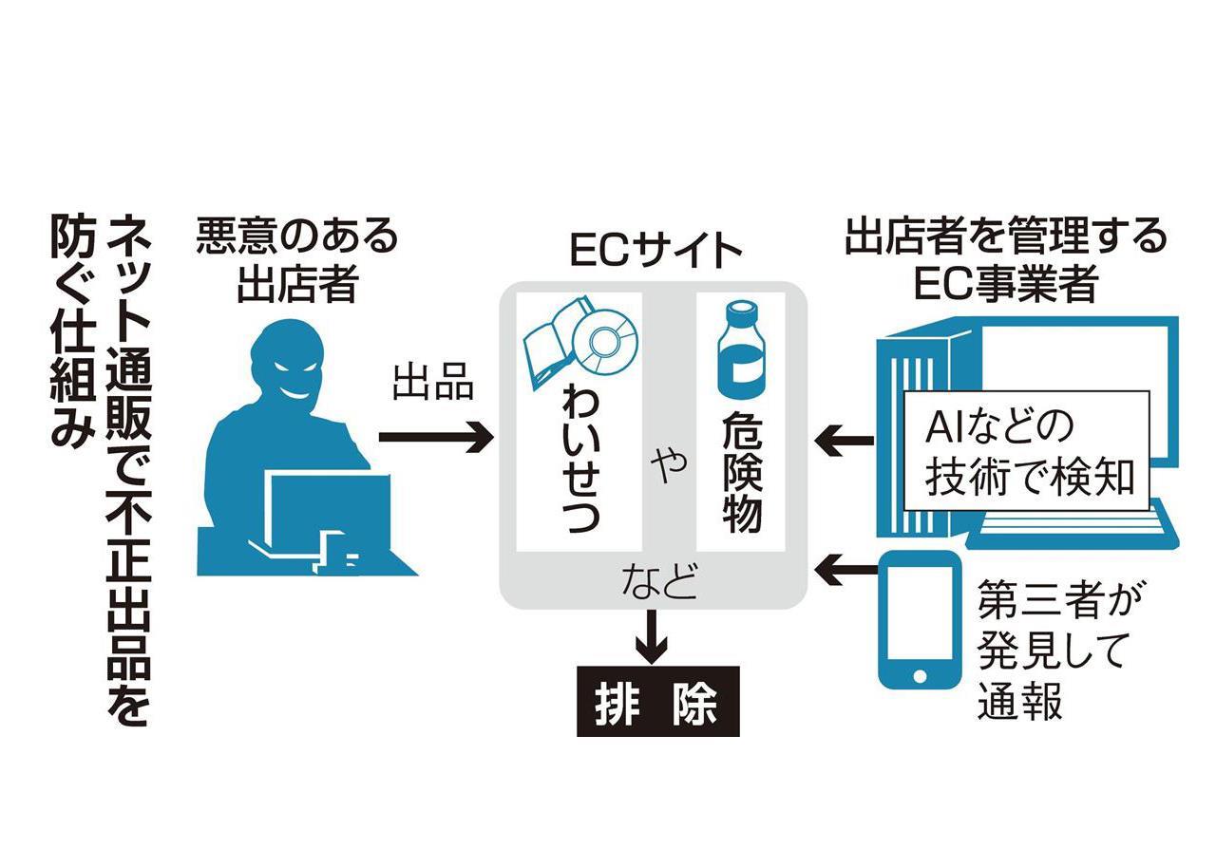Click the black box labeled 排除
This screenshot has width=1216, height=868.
[657, 704]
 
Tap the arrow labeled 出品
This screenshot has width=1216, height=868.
[435, 437]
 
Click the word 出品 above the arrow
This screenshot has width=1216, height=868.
[433, 386]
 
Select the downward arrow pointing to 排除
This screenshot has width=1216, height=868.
[651, 635]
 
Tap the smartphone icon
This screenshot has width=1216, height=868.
[920, 618]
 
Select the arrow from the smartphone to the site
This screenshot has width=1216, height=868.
[845, 570]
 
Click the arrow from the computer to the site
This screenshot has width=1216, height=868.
[845, 439]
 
